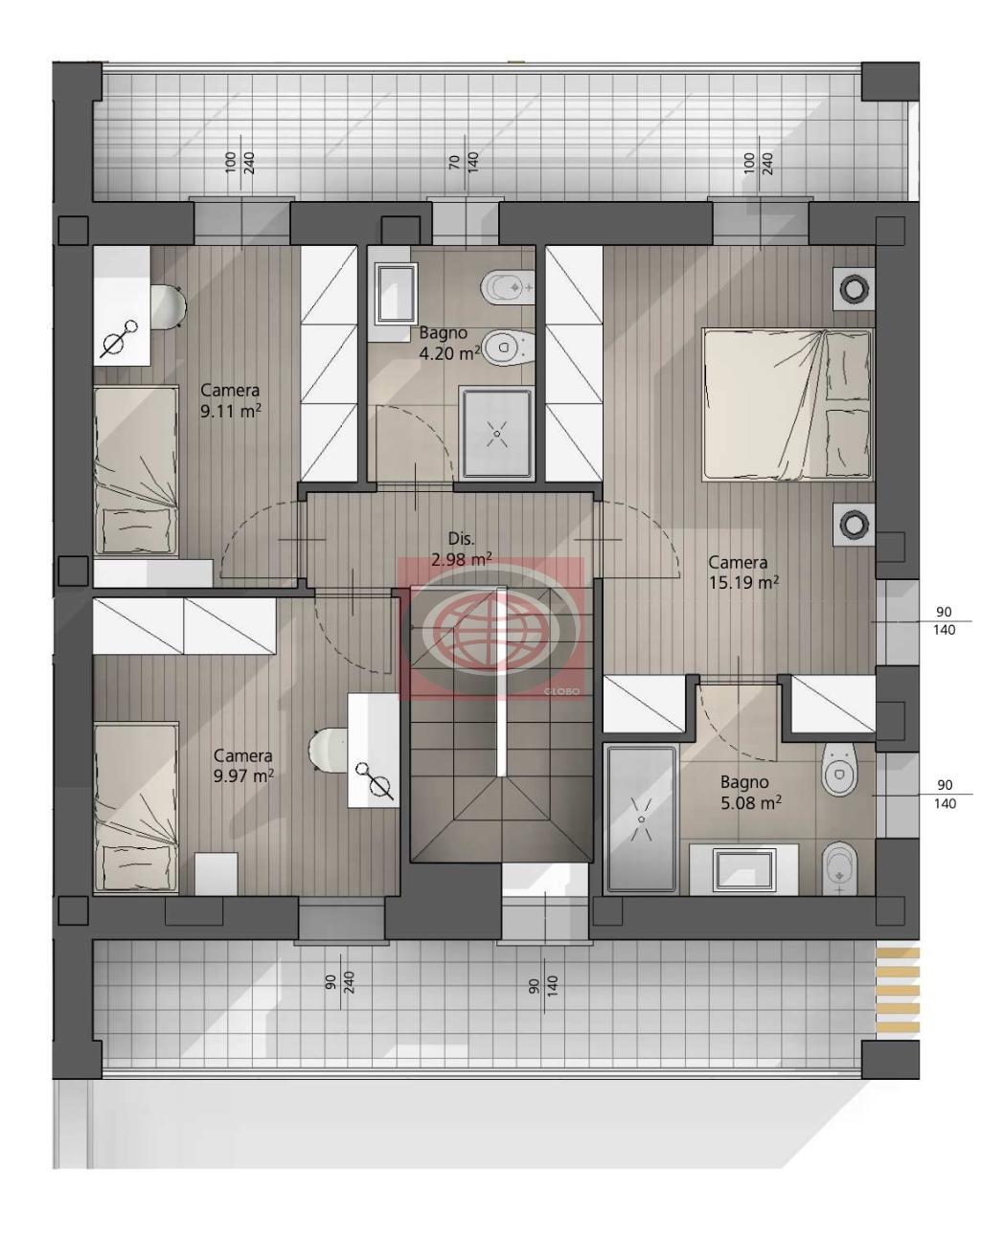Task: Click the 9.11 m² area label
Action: [230, 412]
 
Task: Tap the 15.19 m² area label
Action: [743, 582]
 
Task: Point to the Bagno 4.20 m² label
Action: [449, 344]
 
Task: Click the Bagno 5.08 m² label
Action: [751, 793]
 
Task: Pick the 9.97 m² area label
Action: [243, 775]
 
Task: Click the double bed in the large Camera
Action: [787, 405]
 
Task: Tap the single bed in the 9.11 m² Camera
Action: [136, 471]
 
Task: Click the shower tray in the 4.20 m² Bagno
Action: [496, 434]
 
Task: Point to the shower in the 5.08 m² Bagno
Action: [641, 819]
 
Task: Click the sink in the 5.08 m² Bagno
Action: [744, 869]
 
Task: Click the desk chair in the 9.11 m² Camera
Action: [169, 306]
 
